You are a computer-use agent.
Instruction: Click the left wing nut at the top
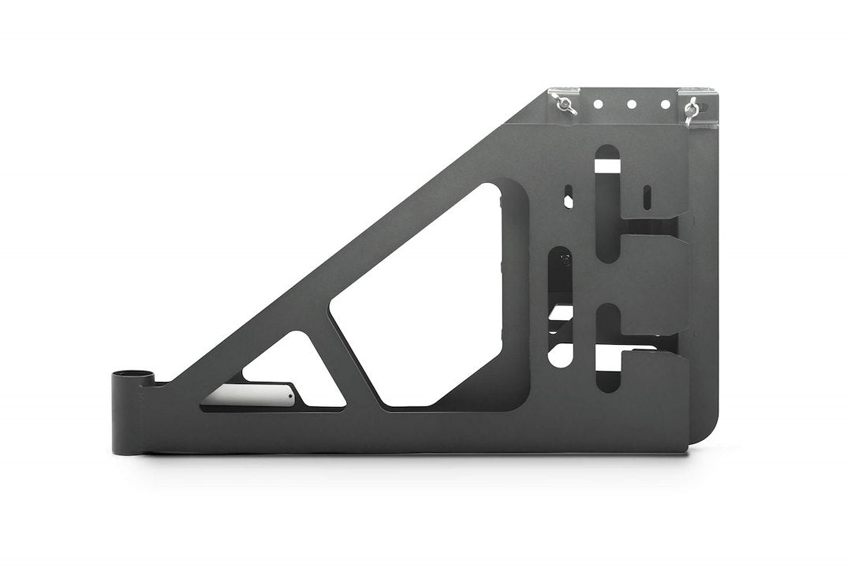(x=566, y=105)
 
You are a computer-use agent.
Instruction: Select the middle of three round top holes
(x=631, y=104)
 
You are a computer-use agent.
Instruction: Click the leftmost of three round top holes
(x=599, y=103)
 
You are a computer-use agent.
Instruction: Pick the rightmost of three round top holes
(x=665, y=104)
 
